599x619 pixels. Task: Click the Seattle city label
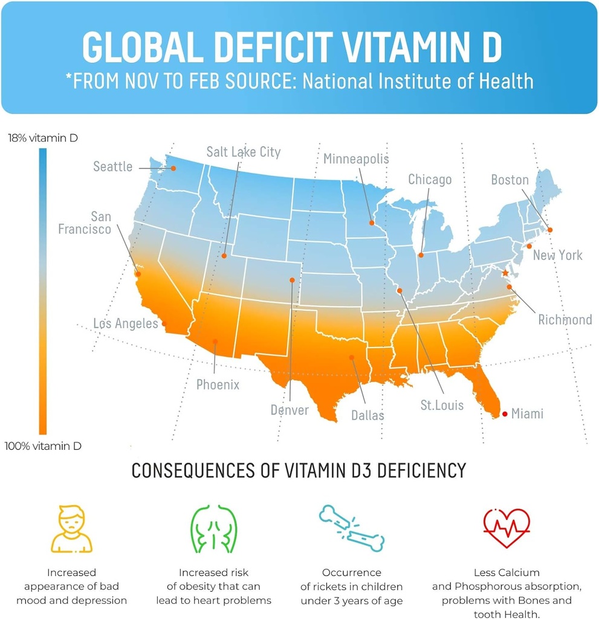tap(112, 167)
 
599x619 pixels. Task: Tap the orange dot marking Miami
tap(505, 414)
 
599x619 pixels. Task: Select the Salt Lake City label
tap(244, 152)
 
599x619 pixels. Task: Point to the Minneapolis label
tap(356, 159)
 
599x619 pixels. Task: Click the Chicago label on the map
tap(430, 180)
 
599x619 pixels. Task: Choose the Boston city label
tap(510, 180)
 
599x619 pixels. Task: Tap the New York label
tap(557, 255)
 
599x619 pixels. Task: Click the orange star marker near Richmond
tap(505, 273)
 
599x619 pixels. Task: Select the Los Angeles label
tap(125, 324)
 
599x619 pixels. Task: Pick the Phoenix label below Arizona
tap(218, 384)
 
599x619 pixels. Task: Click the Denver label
tap(290, 410)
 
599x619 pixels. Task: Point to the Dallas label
tap(367, 416)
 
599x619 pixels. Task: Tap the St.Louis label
tap(442, 405)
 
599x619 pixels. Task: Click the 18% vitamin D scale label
tap(42, 138)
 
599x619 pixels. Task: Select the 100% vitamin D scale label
tap(43, 447)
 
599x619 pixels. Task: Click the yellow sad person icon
tap(71, 529)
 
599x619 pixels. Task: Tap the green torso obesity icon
tap(214, 530)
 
